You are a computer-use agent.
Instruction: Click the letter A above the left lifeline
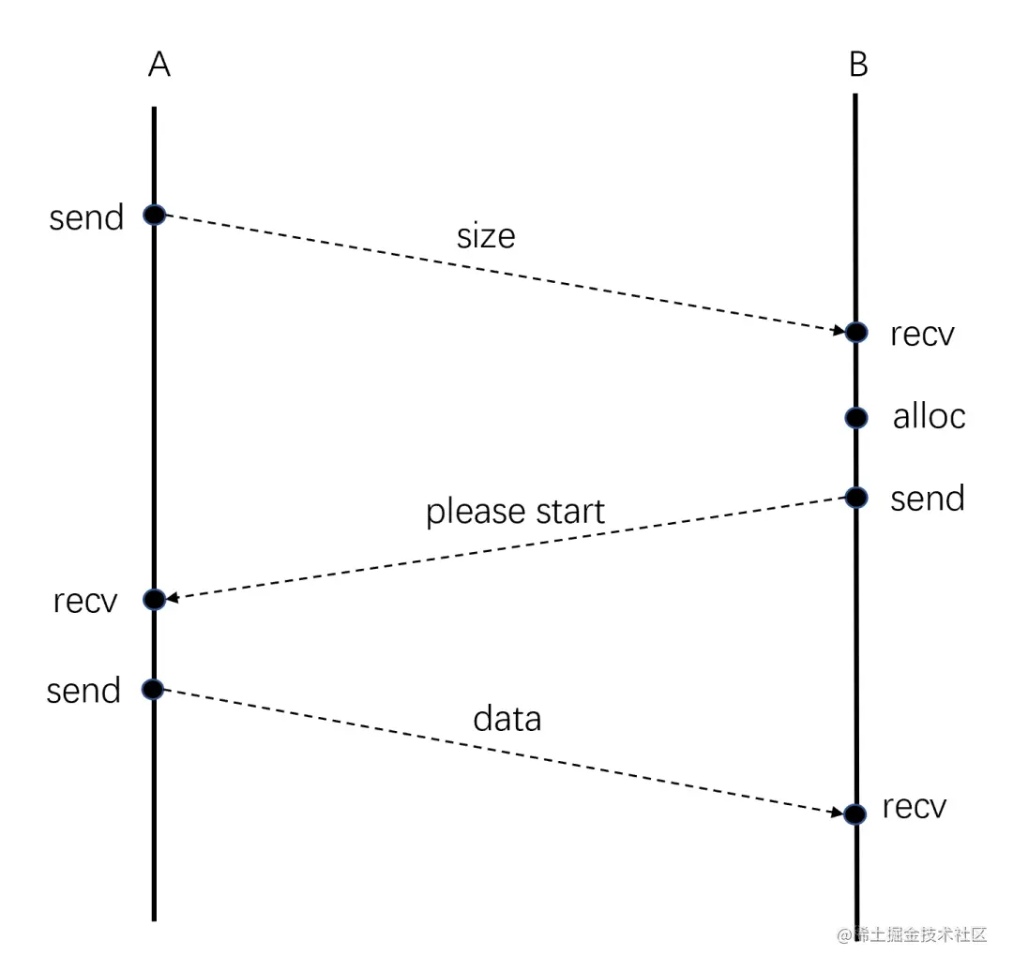point(159,66)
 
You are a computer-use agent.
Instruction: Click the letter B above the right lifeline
point(857,66)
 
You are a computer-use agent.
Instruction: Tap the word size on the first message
point(486,236)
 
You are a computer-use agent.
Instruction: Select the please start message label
point(515,512)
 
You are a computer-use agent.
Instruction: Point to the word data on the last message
point(506,719)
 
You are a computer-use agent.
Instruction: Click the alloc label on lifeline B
point(929,416)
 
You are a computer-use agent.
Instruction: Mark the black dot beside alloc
point(855,417)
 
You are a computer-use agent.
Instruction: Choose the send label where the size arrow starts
point(86,217)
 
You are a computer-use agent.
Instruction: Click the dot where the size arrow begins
point(154,215)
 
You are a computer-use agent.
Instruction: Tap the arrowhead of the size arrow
point(839,330)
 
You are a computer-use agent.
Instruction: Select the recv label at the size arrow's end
point(922,335)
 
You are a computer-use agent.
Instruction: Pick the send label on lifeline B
point(927,499)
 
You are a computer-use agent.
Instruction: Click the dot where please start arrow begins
point(855,497)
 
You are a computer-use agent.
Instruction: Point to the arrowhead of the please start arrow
point(173,598)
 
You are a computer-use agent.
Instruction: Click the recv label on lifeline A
point(85,601)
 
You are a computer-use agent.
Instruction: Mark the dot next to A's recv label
point(154,599)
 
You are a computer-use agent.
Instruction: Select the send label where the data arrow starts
point(83,691)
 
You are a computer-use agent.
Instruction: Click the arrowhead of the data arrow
point(838,813)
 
